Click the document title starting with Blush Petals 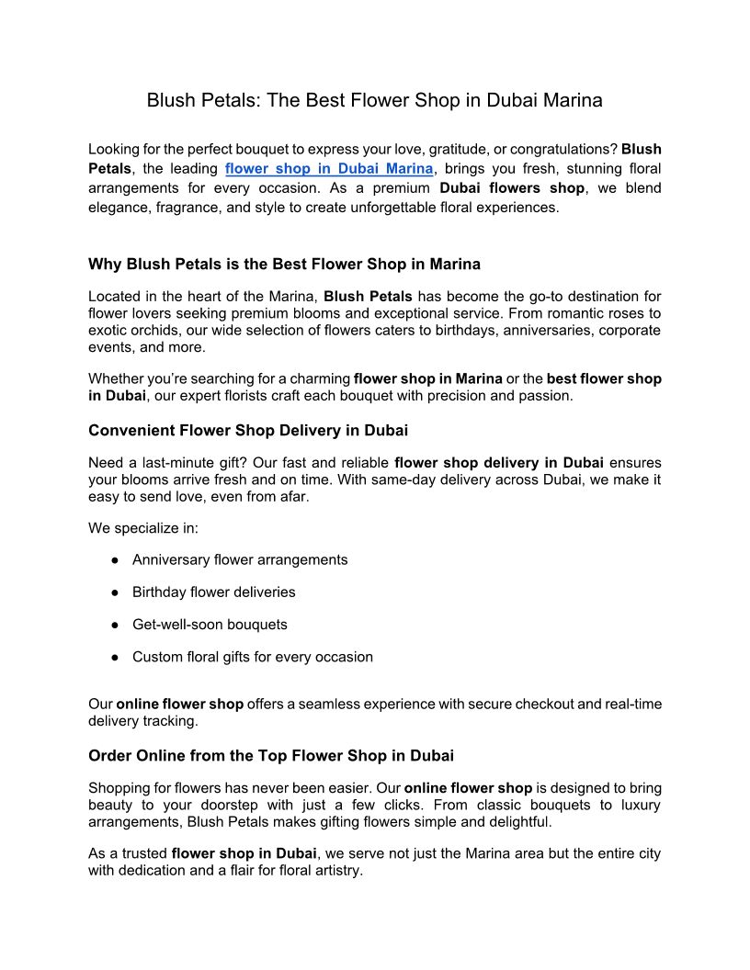point(374,101)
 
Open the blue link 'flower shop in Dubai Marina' point(328,169)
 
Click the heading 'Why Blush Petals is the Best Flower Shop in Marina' point(284,265)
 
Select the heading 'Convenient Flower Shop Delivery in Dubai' point(248,430)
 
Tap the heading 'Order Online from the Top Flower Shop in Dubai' point(271,756)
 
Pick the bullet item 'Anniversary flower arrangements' point(240,559)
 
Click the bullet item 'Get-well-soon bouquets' point(210,625)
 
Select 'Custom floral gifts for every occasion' point(253,657)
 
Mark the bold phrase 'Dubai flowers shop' point(512,188)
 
